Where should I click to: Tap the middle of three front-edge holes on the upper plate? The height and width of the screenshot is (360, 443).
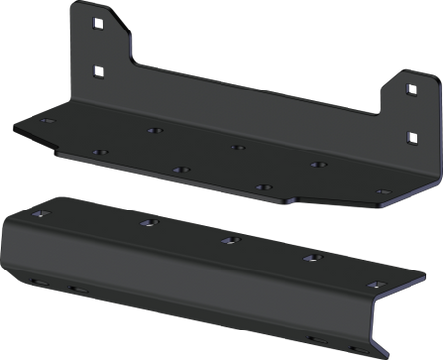(180, 169)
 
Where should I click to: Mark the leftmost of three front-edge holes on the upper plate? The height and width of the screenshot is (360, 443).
(97, 152)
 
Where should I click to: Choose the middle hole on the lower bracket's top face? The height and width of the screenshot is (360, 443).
(227, 239)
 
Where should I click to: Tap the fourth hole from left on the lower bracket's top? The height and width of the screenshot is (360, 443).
(314, 258)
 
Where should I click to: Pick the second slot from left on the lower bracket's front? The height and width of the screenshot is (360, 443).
(77, 290)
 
